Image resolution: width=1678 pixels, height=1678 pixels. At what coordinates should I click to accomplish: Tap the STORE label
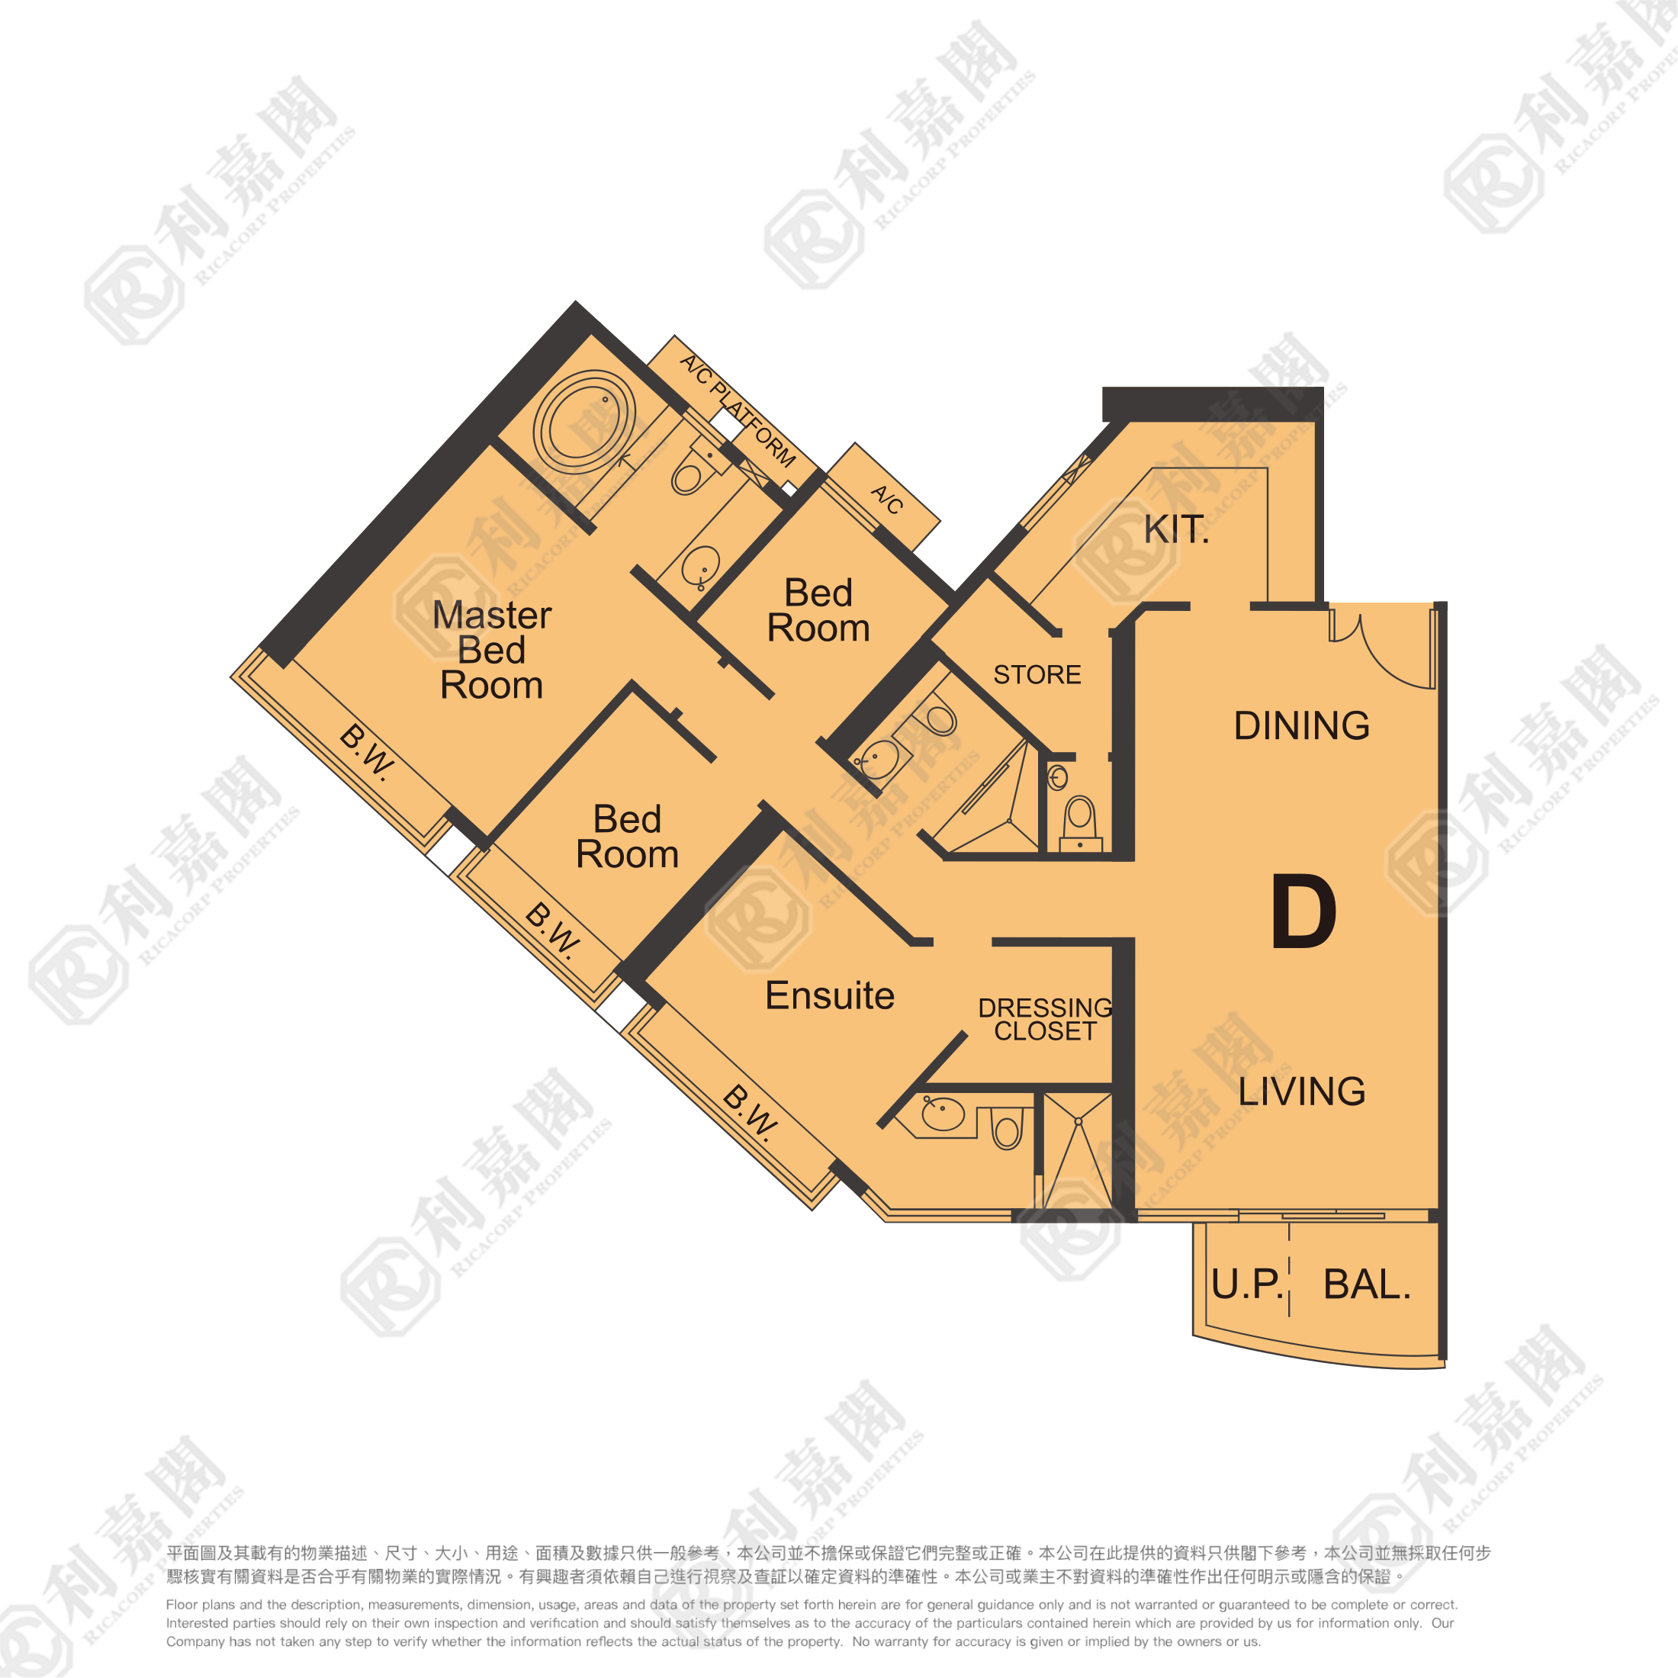(x=1037, y=675)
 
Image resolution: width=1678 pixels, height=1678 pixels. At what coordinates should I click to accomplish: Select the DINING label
(x=1301, y=725)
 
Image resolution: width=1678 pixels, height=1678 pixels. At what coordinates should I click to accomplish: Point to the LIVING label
(x=1301, y=1091)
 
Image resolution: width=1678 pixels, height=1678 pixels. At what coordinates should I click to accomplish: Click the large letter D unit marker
(x=1303, y=913)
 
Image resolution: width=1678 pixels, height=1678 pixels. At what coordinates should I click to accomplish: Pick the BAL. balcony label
(x=1366, y=1284)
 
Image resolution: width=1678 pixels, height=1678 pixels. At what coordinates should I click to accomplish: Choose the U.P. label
(x=1246, y=1284)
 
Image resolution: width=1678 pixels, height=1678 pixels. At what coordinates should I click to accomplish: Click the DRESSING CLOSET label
(x=1045, y=1020)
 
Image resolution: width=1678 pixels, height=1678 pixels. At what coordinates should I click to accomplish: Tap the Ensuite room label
(x=829, y=995)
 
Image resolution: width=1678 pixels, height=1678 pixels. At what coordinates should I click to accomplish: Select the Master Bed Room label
(x=492, y=650)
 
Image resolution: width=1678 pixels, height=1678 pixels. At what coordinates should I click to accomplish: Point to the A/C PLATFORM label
(x=737, y=410)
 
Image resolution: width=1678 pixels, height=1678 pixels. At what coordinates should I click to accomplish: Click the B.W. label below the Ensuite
(x=750, y=1111)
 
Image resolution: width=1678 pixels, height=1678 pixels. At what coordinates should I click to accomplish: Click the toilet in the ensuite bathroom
(x=1007, y=1129)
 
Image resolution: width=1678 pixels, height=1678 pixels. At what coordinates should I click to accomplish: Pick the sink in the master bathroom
(x=700, y=567)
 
